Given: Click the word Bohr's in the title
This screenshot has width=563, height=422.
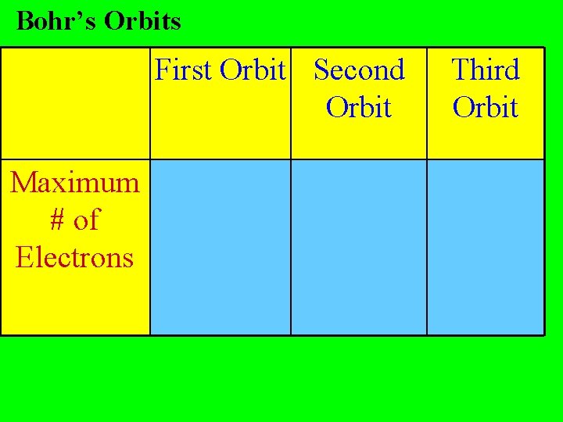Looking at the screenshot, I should (56, 21).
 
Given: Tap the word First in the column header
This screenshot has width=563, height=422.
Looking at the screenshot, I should (184, 70).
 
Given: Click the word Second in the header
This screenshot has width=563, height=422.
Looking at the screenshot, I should (359, 70).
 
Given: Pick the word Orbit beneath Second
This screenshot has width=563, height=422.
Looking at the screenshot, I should (358, 107).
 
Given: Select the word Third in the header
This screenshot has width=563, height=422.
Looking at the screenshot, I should (486, 70).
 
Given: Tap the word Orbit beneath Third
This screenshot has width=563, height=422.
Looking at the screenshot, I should (486, 107).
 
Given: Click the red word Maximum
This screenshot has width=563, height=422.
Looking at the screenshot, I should (75, 183).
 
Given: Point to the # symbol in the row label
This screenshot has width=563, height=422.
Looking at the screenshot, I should (57, 220).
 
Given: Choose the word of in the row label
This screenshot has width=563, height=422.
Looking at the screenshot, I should (87, 220).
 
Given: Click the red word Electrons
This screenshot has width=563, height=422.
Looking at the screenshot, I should (75, 257).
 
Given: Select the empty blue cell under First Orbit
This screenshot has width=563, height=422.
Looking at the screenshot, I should (221, 247).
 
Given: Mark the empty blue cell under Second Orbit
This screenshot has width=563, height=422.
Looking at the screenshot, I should (359, 247).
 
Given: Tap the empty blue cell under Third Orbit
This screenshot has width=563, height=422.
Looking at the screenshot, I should (486, 247).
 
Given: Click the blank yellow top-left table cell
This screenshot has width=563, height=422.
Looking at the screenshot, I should (76, 103).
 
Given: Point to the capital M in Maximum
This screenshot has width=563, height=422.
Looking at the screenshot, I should (23, 183).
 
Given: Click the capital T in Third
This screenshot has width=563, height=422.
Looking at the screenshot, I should (460, 70).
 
